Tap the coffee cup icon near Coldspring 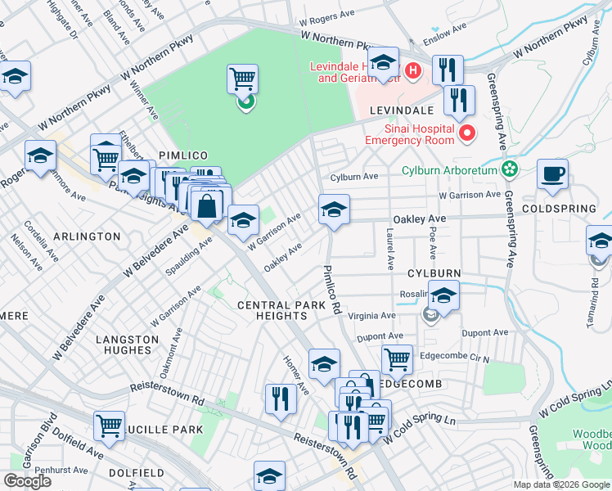[x=552, y=173]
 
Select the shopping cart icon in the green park [x=243, y=79]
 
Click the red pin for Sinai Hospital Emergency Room [x=466, y=132]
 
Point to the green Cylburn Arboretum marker [x=511, y=169]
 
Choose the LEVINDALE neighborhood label [x=400, y=110]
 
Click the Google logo [x=27, y=481]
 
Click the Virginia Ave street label [x=372, y=314]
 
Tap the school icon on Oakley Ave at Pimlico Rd [x=334, y=210]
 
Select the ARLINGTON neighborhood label [x=87, y=236]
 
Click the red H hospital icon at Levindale [x=413, y=71]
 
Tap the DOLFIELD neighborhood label [x=136, y=473]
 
